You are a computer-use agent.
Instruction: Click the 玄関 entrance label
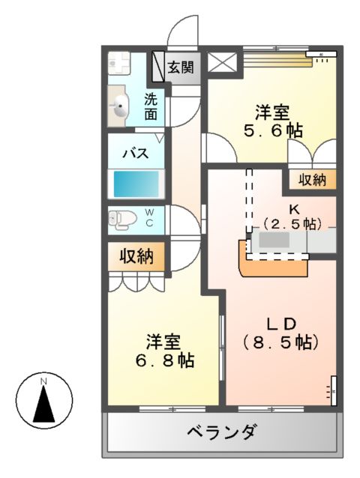tap(180, 67)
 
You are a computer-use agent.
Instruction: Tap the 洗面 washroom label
tap(151, 106)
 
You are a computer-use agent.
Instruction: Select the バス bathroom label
tap(135, 154)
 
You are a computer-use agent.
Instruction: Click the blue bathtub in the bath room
tap(136, 183)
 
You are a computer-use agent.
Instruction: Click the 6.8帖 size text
tap(165, 360)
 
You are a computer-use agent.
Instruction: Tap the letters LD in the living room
tap(281, 323)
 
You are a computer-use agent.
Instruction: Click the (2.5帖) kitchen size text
tap(292, 223)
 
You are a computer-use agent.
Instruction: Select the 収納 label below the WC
tap(136, 257)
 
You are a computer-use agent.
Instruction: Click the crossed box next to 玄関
tap(222, 63)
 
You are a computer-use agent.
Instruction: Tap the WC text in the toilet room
tap(150, 218)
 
